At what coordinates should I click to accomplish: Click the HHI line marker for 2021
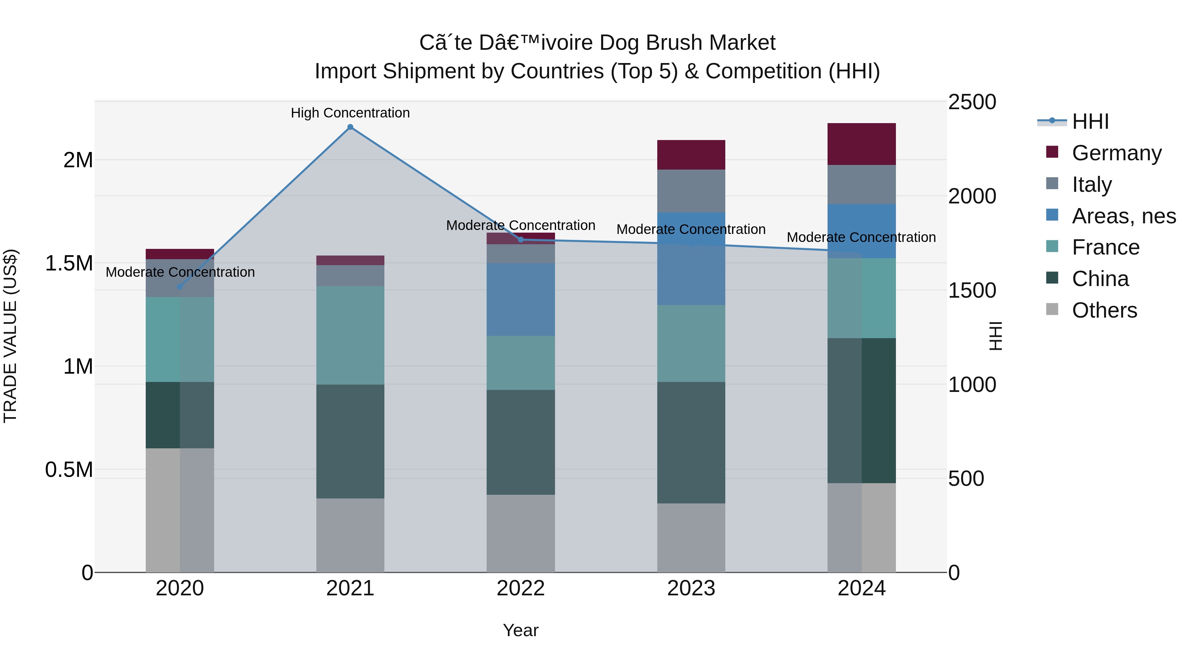[350, 127]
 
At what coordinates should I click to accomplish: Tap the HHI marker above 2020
[180, 287]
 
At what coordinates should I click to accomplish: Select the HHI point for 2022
[520, 240]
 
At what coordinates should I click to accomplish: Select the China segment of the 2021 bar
[350, 441]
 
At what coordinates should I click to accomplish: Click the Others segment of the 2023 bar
[691, 538]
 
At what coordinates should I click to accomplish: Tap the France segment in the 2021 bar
[350, 335]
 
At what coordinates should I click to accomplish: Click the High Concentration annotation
[350, 113]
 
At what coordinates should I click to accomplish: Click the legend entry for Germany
[1116, 153]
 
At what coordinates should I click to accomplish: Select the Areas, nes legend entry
[1123, 216]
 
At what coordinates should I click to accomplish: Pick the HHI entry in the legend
[1090, 121]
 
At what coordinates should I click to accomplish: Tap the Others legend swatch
[1052, 309]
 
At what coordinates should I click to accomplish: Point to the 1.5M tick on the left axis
[69, 263]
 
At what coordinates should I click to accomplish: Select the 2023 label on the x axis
[691, 588]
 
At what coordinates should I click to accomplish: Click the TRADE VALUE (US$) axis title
[10, 336]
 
